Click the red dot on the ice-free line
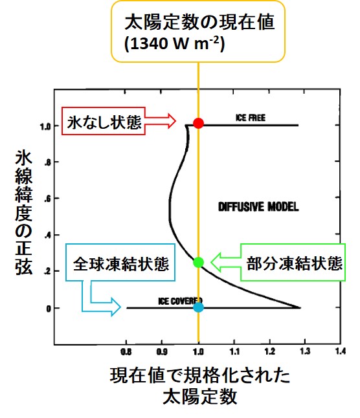198,123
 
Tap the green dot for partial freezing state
198,262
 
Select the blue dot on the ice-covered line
198,307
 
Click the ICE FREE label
251,118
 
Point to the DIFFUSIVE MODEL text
258,207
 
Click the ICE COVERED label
180,301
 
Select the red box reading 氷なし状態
104,121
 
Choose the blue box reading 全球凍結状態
120,262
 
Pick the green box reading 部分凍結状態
293,262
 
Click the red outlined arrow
161,121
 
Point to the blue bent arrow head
115,307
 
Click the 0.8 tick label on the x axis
126,352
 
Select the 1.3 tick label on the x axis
305,351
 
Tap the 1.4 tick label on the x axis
341,351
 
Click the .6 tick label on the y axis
47,199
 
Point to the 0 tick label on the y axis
49,309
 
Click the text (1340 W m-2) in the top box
175,43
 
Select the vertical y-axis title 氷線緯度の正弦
23,212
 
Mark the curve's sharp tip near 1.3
300,307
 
